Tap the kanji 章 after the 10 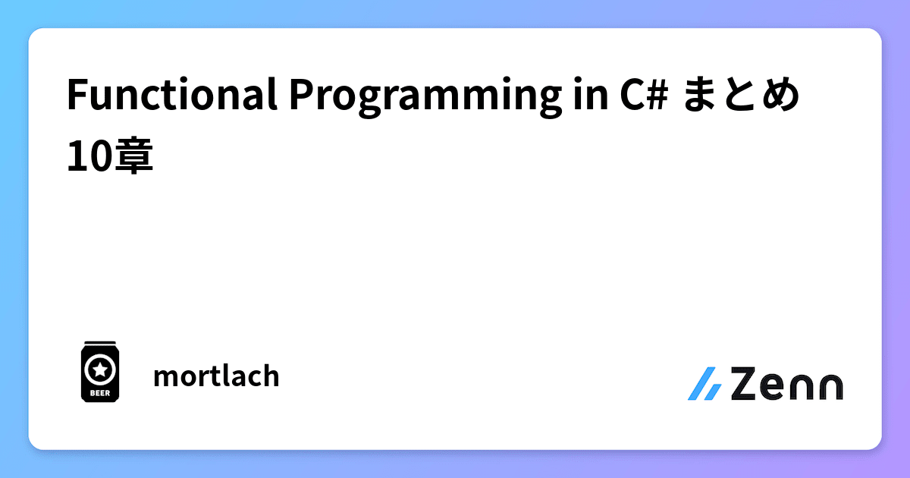pos(133,157)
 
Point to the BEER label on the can pos(99,393)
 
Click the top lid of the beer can pos(99,344)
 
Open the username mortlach pos(216,376)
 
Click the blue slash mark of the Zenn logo pos(704,384)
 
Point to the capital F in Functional pos(76,96)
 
